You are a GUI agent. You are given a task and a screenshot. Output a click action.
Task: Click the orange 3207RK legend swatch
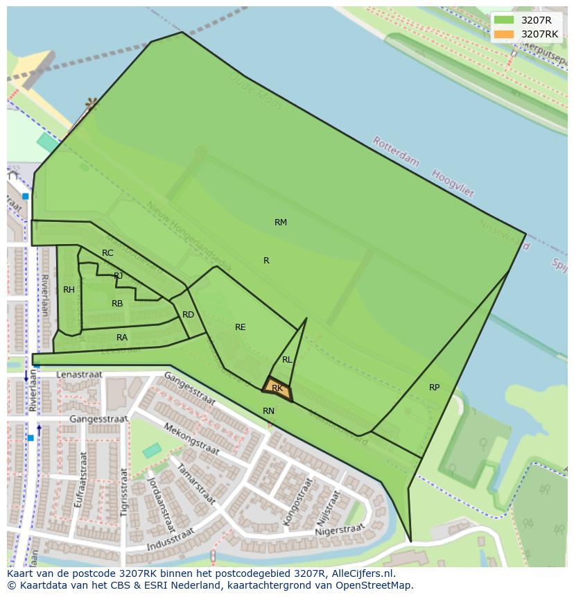point(504,34)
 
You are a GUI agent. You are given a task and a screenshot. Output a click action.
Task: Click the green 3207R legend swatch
point(504,20)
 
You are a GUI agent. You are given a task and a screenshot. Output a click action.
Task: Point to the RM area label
point(281,223)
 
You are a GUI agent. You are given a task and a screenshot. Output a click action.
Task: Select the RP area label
point(434,388)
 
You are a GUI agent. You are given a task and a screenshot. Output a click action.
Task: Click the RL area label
point(287,360)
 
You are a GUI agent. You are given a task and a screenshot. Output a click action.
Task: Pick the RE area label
point(241,327)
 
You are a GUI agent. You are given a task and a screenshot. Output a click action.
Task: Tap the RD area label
point(188,315)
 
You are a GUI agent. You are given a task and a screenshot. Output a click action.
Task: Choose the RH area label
point(69,290)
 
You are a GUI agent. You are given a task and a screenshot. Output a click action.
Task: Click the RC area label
point(107,253)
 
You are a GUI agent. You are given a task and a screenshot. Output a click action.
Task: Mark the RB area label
point(117,304)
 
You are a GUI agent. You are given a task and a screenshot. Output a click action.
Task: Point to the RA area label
point(122,338)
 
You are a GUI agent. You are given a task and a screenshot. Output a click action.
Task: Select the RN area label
point(268,411)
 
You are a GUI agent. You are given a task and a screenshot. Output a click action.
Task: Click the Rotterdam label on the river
point(396,152)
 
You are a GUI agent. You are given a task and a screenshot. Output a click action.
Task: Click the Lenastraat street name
point(79,374)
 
